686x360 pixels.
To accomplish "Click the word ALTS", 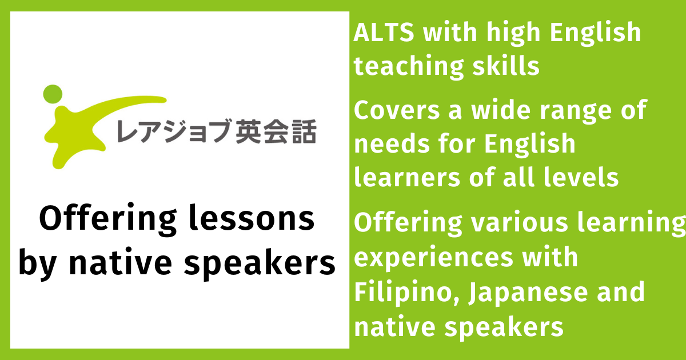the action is point(384,32).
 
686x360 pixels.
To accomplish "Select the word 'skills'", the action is point(506,65).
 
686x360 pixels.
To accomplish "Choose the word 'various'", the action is point(520,222).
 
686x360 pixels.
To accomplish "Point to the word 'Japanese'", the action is point(528,293).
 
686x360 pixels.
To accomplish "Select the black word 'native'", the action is point(121,262).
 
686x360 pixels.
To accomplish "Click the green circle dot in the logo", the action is point(53,94).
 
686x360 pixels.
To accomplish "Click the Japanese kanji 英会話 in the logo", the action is point(276,131).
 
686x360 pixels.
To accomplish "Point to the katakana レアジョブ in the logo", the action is point(174,131).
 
